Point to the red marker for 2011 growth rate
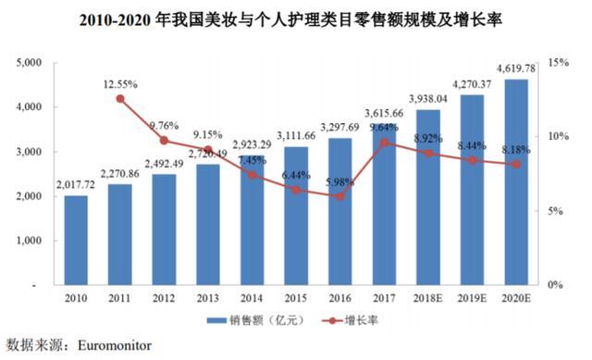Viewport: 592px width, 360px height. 120,98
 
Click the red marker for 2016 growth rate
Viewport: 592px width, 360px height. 340,196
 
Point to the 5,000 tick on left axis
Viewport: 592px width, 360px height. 31,62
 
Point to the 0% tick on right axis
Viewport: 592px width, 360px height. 554,285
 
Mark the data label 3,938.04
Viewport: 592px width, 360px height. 428,98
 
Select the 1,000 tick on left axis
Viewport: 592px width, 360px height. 31,241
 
